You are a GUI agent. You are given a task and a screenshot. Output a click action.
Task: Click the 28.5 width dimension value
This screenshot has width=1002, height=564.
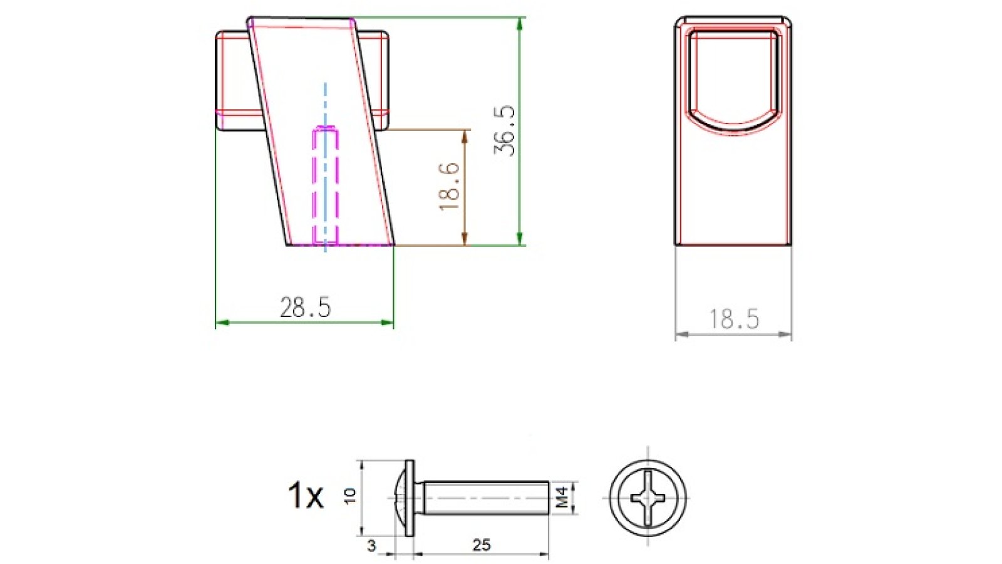[x=305, y=308]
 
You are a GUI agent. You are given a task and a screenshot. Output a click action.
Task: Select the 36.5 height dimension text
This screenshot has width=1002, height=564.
[x=505, y=130]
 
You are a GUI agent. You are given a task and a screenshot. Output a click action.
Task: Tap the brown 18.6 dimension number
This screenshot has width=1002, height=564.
[x=450, y=186]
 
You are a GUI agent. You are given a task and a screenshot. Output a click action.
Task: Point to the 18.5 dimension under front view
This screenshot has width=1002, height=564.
[x=734, y=319]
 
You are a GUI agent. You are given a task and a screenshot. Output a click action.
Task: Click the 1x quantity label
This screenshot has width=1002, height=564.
[x=306, y=495]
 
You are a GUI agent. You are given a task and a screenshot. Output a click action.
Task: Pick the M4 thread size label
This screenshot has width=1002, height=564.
[x=562, y=498]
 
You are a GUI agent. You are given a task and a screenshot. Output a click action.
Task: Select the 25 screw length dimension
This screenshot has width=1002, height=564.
[x=481, y=545]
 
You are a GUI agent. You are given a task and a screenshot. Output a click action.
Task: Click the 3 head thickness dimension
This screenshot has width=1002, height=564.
[x=371, y=546]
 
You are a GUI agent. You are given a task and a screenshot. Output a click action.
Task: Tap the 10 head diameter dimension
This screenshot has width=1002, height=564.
[x=350, y=496]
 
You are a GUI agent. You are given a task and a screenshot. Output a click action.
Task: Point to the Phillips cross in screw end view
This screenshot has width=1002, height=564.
[x=648, y=498]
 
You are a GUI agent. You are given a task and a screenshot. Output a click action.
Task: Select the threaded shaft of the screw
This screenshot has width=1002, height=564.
[x=485, y=498]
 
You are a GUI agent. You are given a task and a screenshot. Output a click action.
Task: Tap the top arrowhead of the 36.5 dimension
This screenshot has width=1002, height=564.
[x=520, y=24]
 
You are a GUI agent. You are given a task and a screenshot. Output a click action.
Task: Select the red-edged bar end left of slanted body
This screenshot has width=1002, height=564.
[x=235, y=81]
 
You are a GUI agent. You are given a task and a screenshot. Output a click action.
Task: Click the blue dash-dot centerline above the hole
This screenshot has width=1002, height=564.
[x=325, y=103]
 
